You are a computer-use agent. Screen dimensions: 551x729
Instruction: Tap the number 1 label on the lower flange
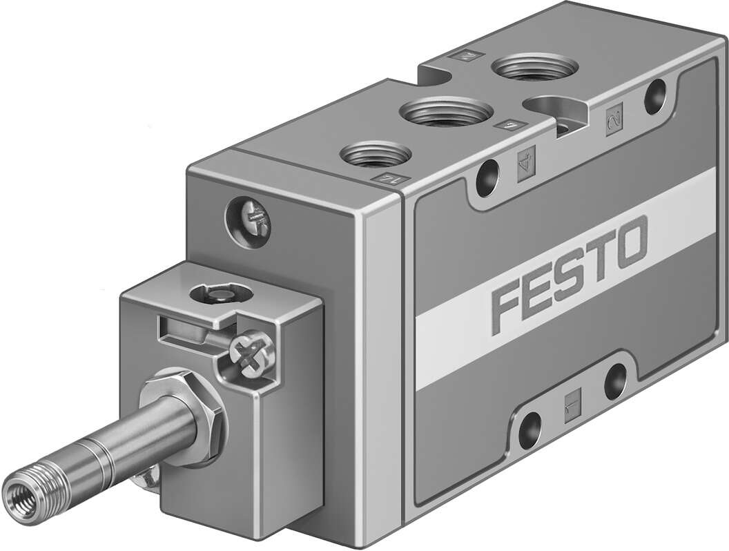pos(573,398)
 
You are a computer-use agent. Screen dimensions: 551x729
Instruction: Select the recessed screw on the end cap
pos(249,222)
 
